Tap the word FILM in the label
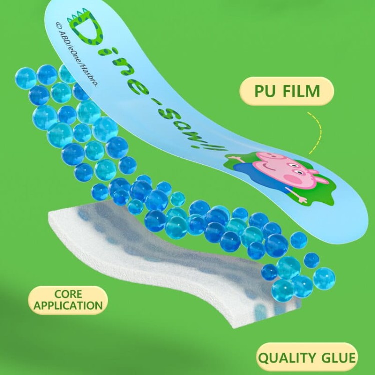[x=301, y=91]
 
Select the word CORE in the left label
[x=68, y=294]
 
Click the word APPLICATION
[x=68, y=306]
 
